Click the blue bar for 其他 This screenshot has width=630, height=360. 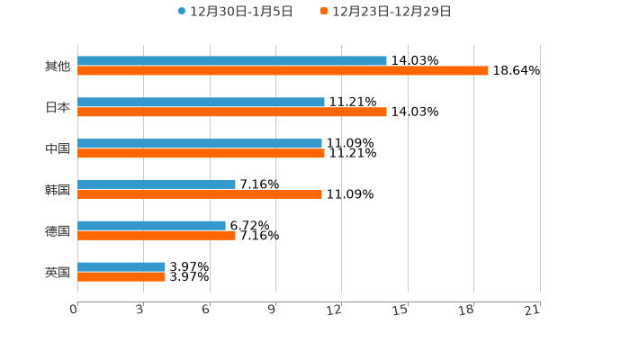click(232, 61)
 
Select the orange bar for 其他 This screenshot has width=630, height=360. click(283, 71)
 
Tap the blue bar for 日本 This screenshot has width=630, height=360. click(201, 103)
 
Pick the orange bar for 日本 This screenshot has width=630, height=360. click(232, 112)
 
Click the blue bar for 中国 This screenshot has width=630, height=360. click(200, 144)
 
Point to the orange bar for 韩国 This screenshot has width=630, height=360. click(200, 194)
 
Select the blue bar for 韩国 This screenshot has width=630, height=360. click(157, 184)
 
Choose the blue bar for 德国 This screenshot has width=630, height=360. click(151, 226)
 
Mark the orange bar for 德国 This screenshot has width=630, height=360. click(157, 236)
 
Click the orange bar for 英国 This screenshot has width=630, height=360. click(121, 277)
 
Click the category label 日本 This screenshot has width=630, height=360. click(58, 107)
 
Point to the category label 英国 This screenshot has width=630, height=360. click(58, 272)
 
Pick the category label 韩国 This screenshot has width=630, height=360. click(58, 189)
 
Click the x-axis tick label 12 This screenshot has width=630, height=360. click(335, 310)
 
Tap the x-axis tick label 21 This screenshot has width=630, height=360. click(533, 310)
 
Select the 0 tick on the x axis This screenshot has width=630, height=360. click(74, 310)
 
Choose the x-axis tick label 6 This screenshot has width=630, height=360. click(206, 310)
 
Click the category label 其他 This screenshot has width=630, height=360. click(58, 66)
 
